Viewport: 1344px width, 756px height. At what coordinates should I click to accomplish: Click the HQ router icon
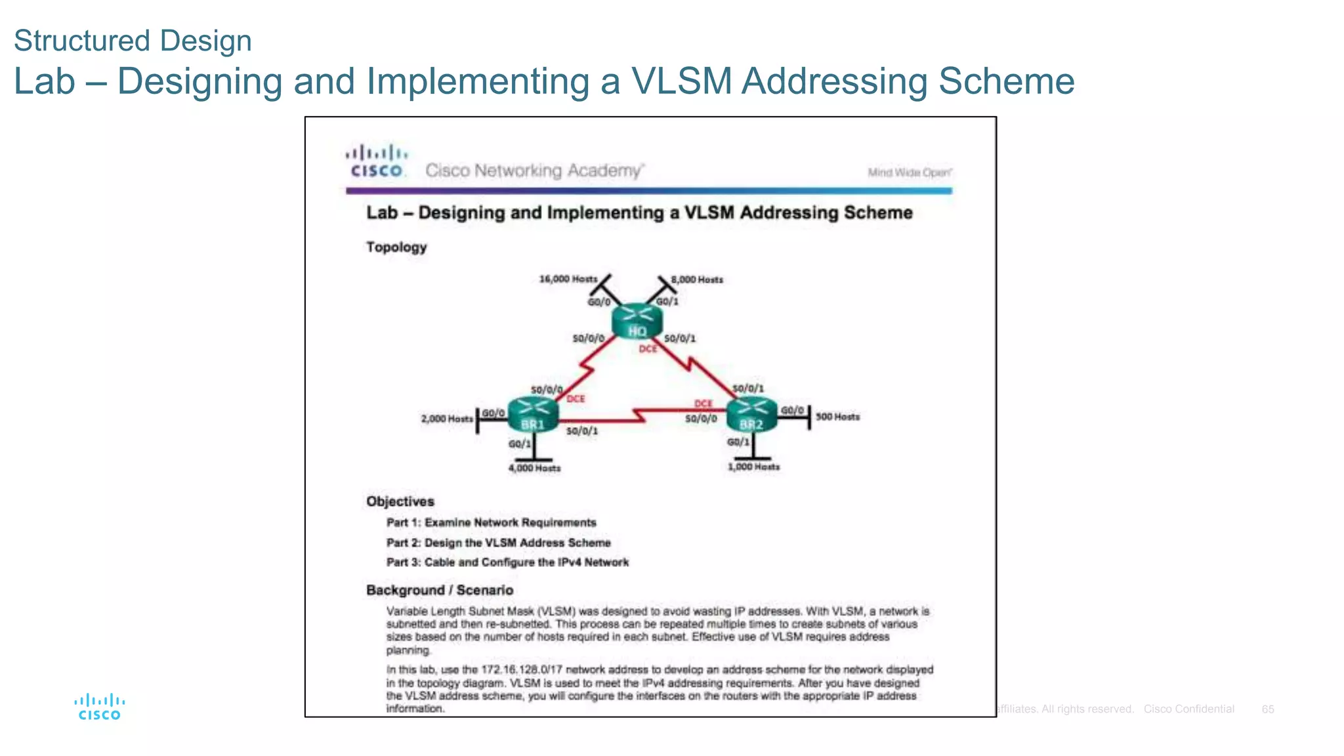point(637,321)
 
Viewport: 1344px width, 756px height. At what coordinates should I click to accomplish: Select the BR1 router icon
point(533,415)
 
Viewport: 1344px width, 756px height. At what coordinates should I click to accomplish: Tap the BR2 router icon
point(751,415)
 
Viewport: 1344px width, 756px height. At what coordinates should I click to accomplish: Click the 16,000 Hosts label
point(568,279)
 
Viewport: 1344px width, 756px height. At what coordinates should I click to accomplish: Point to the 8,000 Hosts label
point(697,280)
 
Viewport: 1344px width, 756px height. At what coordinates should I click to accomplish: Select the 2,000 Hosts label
point(446,419)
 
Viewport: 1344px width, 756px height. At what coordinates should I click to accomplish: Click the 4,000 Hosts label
point(534,468)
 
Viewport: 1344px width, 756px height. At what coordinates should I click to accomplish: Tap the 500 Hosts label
point(837,417)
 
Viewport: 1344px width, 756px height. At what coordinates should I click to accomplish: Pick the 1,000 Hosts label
point(753,467)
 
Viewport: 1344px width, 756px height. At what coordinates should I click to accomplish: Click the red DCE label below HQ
point(648,349)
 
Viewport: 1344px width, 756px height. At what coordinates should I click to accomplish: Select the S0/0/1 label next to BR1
point(582,431)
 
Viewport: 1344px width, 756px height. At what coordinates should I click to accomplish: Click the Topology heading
point(396,247)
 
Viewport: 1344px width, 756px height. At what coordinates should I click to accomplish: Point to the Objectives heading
point(400,501)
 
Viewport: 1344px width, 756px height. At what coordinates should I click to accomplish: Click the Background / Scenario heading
point(440,590)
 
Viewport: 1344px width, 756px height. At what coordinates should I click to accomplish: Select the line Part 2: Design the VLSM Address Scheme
point(498,543)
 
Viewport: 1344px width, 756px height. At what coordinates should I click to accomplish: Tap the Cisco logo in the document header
point(377,161)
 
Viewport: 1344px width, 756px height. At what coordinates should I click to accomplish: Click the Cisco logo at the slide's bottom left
point(99,707)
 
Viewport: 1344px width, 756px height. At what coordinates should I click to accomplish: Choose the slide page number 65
point(1268,709)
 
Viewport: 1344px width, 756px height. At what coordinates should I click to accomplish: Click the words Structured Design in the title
point(133,41)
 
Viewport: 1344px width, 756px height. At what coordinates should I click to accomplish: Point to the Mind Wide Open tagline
point(909,173)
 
